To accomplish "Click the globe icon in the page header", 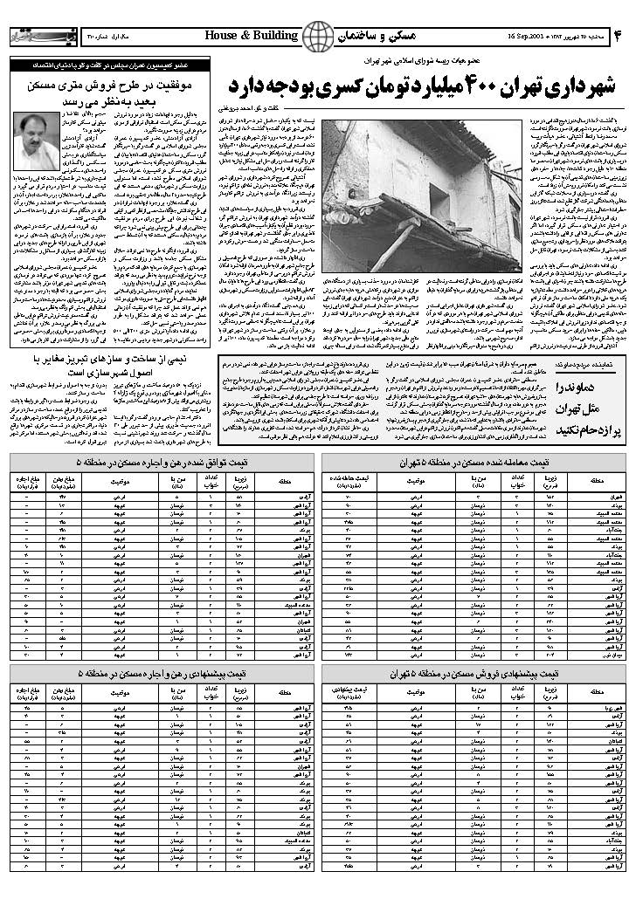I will (x=318, y=36).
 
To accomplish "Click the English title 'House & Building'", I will (x=252, y=35).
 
